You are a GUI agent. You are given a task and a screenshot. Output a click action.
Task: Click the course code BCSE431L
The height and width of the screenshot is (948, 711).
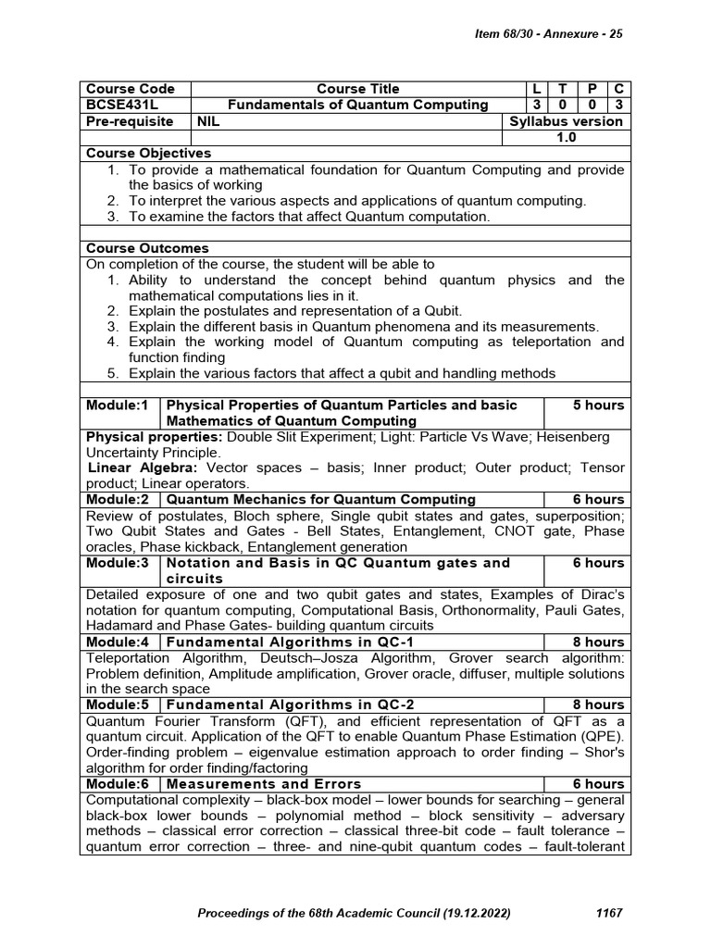click(122, 105)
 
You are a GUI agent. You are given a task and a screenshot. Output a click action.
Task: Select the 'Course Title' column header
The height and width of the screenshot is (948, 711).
click(357, 89)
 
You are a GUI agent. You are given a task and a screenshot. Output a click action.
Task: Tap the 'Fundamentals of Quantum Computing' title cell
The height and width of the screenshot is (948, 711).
click(357, 105)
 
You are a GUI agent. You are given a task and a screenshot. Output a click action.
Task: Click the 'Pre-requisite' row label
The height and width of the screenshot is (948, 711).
click(130, 121)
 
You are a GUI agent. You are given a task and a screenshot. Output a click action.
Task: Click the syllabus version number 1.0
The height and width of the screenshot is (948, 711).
click(566, 137)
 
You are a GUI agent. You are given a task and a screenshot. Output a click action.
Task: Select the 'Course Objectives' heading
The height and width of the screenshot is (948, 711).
click(148, 153)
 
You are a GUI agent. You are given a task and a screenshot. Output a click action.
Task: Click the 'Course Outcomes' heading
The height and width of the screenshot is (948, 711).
click(147, 248)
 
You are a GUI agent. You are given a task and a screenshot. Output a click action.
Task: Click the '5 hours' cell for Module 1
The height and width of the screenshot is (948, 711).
click(598, 405)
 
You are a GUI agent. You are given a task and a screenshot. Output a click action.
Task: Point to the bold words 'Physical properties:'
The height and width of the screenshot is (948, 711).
click(154, 436)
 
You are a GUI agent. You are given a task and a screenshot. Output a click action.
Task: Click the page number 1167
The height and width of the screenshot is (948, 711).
click(607, 913)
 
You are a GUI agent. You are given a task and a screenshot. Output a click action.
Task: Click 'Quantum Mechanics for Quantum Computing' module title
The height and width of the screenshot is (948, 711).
click(320, 500)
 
